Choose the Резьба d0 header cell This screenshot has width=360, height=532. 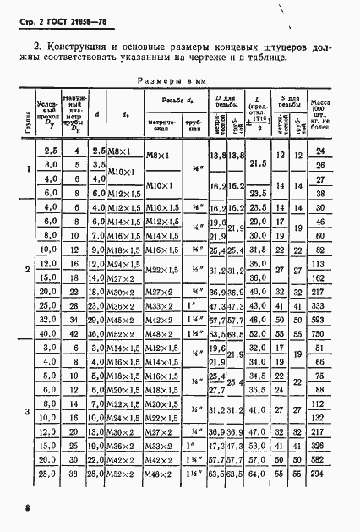(172, 101)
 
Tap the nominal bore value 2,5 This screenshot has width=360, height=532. (49, 151)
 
